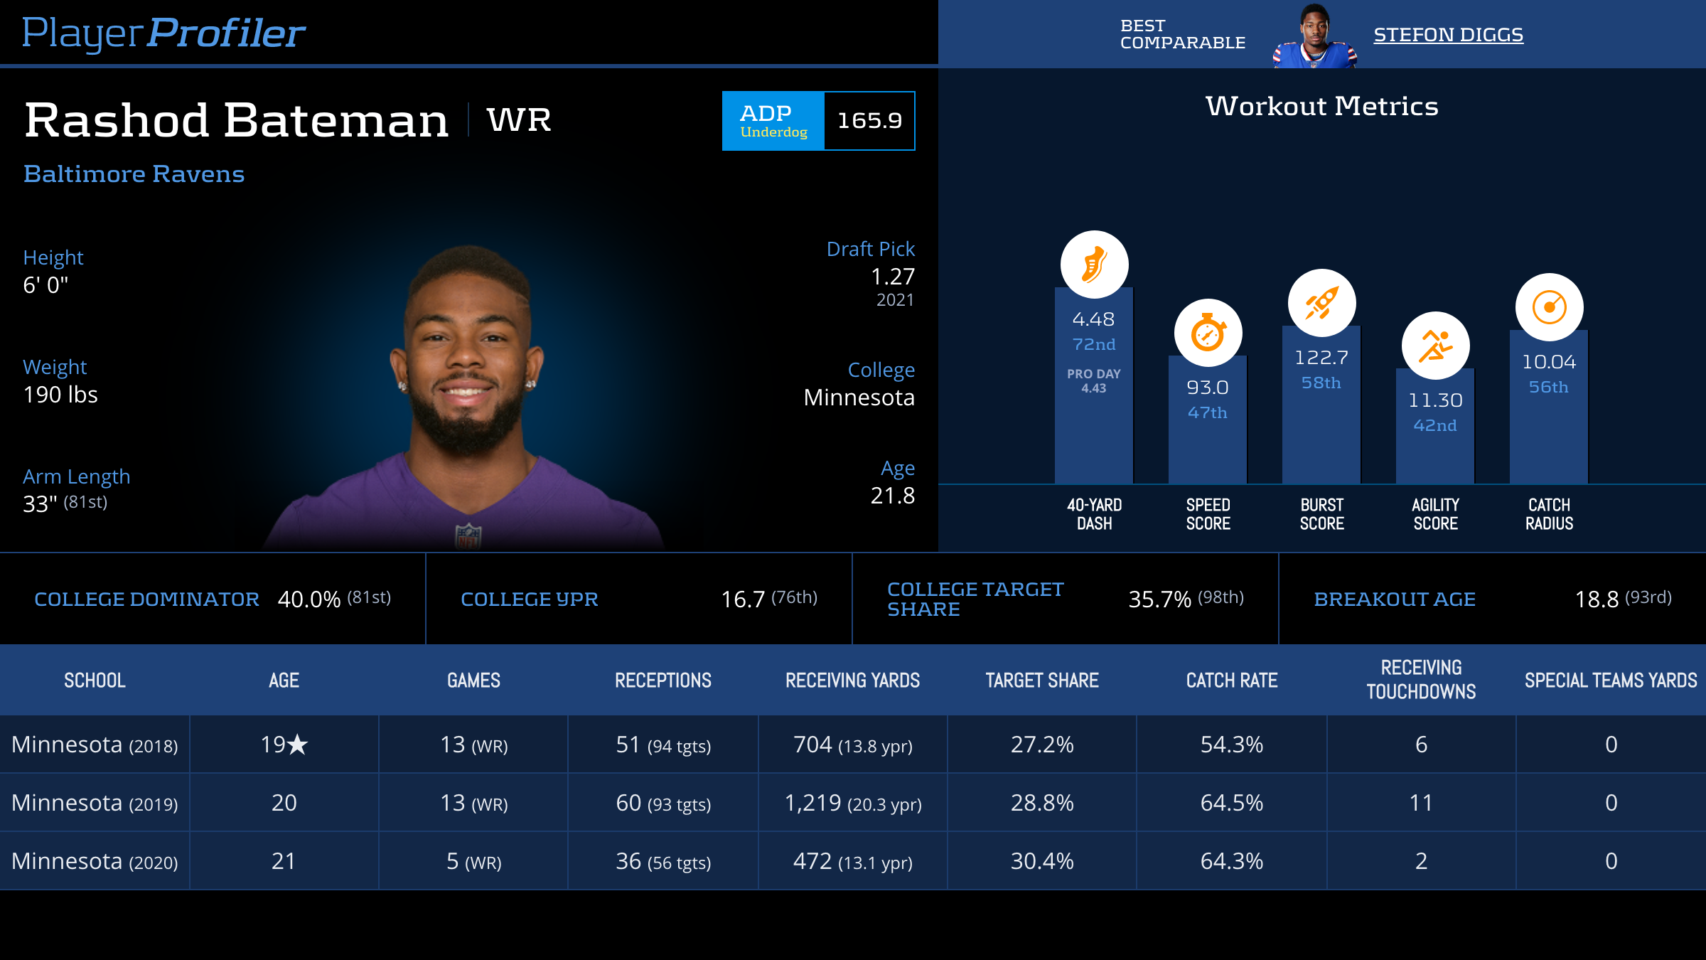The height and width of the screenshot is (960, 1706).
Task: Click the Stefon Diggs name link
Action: click(x=1448, y=35)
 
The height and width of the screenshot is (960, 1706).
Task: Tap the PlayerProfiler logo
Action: click(x=163, y=33)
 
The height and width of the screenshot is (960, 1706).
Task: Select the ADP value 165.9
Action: click(x=869, y=121)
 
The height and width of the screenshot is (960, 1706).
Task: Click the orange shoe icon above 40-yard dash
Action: click(x=1094, y=265)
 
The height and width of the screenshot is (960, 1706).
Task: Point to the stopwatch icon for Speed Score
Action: click(x=1208, y=333)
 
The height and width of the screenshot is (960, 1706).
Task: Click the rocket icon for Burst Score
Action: click(x=1321, y=303)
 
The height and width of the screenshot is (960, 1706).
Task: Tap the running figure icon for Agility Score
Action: click(x=1435, y=346)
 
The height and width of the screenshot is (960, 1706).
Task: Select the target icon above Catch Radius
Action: click(x=1549, y=307)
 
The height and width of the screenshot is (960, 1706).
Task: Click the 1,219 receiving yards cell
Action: click(x=852, y=803)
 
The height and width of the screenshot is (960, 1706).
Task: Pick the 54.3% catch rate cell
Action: click(x=1231, y=745)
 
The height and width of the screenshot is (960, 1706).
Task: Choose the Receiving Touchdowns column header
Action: click(x=1421, y=680)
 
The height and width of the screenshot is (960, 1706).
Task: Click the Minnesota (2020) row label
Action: click(x=95, y=861)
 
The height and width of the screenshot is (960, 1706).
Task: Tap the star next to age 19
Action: click(x=298, y=745)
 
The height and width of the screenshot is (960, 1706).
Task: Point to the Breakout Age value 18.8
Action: click(x=1597, y=599)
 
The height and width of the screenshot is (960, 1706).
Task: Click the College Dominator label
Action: click(x=146, y=599)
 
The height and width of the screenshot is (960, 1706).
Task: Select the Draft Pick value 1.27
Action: click(x=892, y=277)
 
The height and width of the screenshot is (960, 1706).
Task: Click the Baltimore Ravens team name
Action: click(x=134, y=174)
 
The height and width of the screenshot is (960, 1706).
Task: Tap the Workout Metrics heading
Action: click(x=1321, y=107)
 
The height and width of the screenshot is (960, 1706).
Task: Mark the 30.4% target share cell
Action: click(x=1042, y=861)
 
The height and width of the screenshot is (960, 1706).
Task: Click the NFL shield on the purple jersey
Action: click(x=468, y=536)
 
